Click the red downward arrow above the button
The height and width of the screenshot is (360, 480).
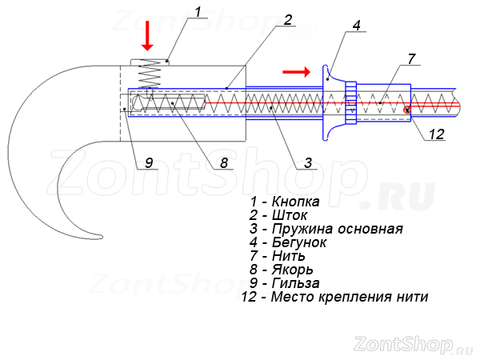tap(147, 35)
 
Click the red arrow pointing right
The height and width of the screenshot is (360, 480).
tap(296, 72)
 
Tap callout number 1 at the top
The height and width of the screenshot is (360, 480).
tap(198, 12)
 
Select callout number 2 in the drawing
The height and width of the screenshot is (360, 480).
tap(287, 20)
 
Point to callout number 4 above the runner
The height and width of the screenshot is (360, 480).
tap(356, 26)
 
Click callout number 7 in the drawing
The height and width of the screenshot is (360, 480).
tap(411, 58)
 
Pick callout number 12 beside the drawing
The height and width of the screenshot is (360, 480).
tap(437, 134)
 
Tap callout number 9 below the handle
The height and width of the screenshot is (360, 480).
tap(149, 162)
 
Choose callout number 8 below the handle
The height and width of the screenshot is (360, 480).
tap(224, 162)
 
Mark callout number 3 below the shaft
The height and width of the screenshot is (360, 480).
tap(308, 162)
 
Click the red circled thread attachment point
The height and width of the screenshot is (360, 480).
tap(407, 110)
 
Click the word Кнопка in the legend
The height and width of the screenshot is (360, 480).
tap(296, 202)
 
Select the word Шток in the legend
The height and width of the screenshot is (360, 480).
tap(290, 215)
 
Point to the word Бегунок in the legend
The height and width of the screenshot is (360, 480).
tap(299, 242)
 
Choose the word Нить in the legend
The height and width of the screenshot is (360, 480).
tap(288, 256)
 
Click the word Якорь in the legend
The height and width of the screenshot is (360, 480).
tap(292, 270)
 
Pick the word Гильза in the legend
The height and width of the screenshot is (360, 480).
tap(296, 283)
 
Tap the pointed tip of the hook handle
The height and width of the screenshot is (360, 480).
tap(102, 237)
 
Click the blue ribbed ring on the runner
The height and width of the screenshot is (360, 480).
tap(351, 103)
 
